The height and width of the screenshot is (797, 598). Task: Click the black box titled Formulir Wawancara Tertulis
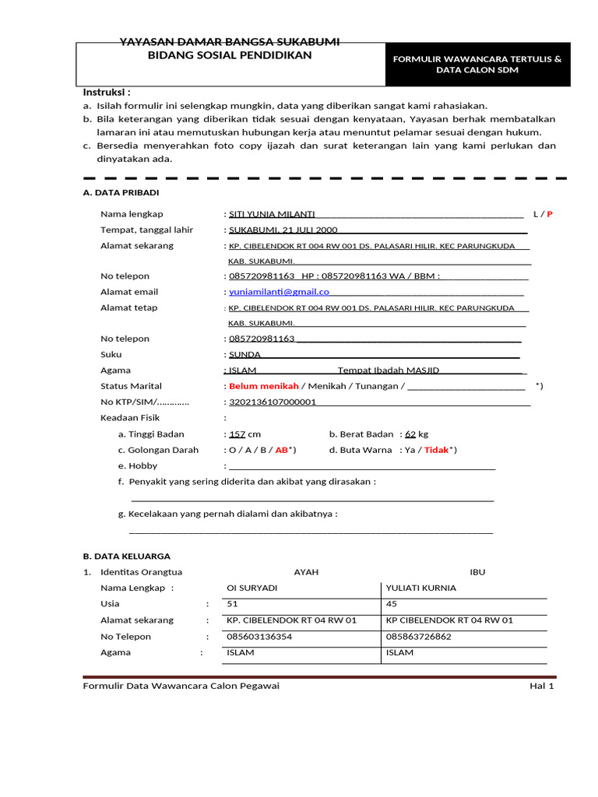(x=478, y=64)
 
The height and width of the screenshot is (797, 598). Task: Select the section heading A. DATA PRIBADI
(x=121, y=193)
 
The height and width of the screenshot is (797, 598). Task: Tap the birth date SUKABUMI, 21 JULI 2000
(x=283, y=230)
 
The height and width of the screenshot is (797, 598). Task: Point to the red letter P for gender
(x=550, y=214)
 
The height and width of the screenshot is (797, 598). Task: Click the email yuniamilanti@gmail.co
(x=279, y=292)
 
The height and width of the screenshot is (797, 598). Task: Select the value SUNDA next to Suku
(x=244, y=354)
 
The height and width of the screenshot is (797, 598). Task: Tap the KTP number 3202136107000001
(x=272, y=402)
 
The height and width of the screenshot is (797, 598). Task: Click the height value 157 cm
(x=244, y=434)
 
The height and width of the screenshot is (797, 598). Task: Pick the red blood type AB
(x=282, y=450)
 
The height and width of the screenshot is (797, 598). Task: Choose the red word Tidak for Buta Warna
(x=437, y=450)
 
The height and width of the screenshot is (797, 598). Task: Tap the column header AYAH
(x=306, y=572)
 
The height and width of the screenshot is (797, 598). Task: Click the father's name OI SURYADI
(x=252, y=588)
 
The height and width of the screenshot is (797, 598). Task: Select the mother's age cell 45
(x=392, y=603)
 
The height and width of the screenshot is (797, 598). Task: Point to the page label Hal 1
(x=541, y=686)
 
